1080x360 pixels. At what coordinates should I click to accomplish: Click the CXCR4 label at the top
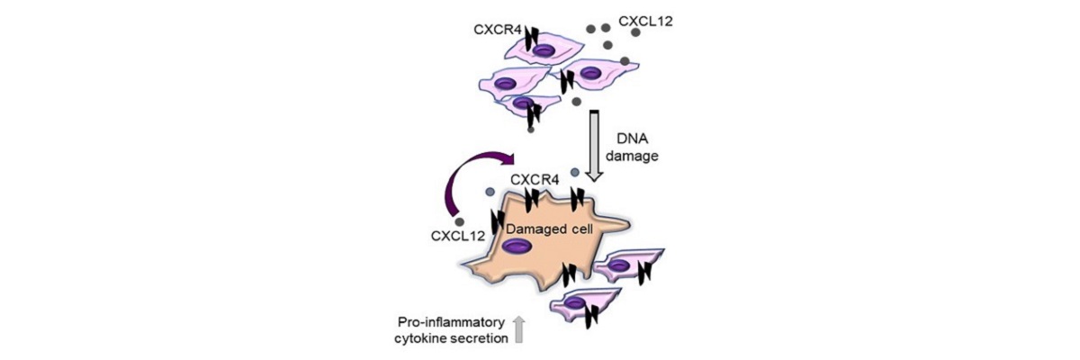[x=495, y=30]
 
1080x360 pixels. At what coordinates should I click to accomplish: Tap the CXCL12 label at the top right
[x=643, y=20]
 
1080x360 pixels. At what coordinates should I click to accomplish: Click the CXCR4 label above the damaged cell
[x=535, y=181]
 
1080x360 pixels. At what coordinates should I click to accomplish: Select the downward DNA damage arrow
[x=595, y=148]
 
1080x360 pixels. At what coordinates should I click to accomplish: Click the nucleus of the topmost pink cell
[x=543, y=51]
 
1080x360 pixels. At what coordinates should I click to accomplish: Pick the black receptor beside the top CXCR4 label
[x=532, y=39]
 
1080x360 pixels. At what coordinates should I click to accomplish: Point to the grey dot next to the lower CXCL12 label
[x=460, y=220]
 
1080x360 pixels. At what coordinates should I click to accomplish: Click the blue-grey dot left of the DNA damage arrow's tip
[x=575, y=171]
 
